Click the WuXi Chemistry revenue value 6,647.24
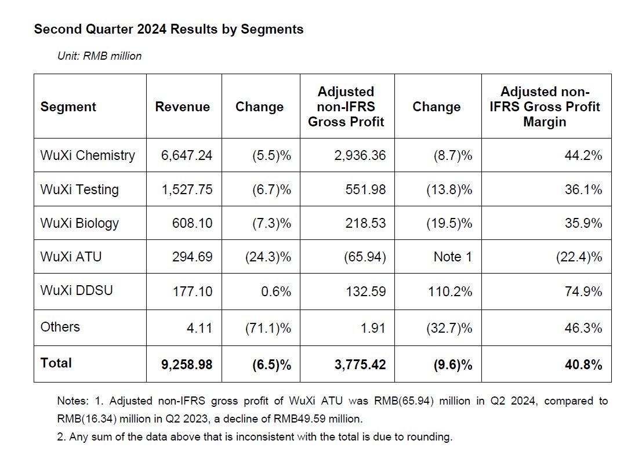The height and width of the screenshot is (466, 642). [187, 155]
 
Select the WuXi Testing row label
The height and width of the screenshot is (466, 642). [79, 190]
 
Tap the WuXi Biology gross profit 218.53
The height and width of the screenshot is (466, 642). [365, 223]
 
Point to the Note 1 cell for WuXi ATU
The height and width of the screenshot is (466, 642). [453, 257]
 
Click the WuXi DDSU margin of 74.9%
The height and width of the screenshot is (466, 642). [583, 292]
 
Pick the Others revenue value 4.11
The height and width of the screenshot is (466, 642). [200, 327]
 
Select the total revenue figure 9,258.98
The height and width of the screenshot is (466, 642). [187, 365]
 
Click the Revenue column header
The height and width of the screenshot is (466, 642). [182, 107]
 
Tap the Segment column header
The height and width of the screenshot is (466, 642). [68, 107]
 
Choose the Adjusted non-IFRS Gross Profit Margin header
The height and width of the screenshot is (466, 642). [545, 107]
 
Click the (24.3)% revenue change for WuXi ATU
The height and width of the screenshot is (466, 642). [268, 257]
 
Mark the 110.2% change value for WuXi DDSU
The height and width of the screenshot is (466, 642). [450, 292]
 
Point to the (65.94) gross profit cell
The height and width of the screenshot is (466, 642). [365, 257]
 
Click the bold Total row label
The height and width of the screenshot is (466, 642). [56, 363]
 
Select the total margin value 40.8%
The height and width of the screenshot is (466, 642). [583, 365]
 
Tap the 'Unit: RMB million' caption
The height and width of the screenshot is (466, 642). [100, 56]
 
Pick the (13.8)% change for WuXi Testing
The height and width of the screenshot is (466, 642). [449, 190]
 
